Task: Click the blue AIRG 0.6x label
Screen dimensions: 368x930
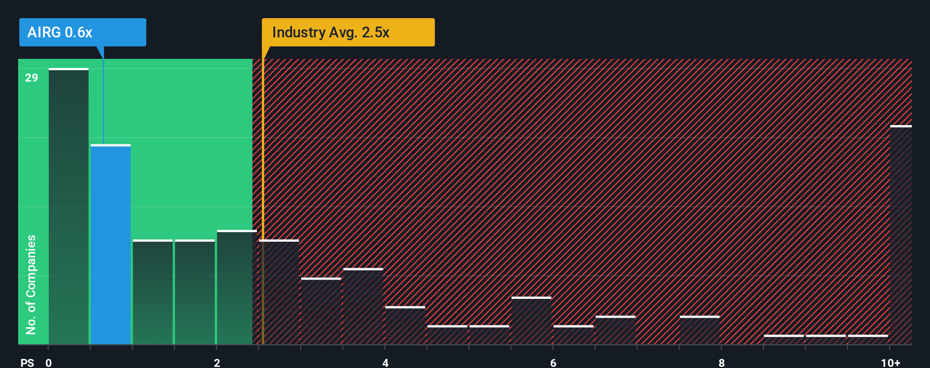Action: pyautogui.click(x=82, y=32)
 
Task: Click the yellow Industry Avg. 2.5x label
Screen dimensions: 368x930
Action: pyautogui.click(x=348, y=32)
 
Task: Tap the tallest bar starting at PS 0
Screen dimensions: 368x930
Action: pyautogui.click(x=69, y=207)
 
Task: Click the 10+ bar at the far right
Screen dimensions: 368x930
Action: pyautogui.click(x=901, y=235)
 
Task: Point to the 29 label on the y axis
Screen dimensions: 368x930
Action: pyautogui.click(x=32, y=78)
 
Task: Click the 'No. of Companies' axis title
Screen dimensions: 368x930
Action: pyautogui.click(x=31, y=284)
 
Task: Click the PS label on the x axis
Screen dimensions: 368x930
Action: pyautogui.click(x=27, y=363)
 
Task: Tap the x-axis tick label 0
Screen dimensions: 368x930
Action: pyautogui.click(x=49, y=363)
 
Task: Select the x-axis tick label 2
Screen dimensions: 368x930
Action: pyautogui.click(x=217, y=363)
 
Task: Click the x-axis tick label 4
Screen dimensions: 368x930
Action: pyautogui.click(x=385, y=363)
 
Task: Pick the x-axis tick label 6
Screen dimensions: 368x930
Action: pyautogui.click(x=553, y=363)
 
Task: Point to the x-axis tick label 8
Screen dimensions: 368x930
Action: pyautogui.click(x=721, y=363)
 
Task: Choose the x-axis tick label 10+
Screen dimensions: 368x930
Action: pyautogui.click(x=890, y=363)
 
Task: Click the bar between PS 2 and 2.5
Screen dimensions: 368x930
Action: pyautogui.click(x=236, y=288)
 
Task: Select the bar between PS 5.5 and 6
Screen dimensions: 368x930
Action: pyautogui.click(x=531, y=321)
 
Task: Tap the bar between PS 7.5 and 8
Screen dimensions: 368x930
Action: pyautogui.click(x=700, y=330)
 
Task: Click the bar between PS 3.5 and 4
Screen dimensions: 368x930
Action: pyautogui.click(x=363, y=306)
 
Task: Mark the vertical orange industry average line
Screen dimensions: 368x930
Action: pyautogui.click(x=263, y=198)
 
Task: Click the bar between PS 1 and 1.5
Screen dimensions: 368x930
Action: pyautogui.click(x=153, y=292)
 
